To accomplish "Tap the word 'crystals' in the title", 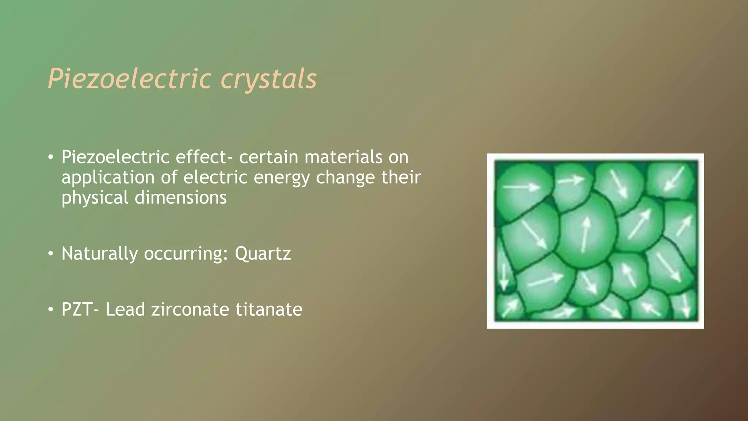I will (x=268, y=79).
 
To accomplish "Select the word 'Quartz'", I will (x=263, y=254).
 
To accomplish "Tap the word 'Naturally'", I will (x=99, y=254).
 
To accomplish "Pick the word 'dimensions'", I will (x=180, y=198).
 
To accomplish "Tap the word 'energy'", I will (x=281, y=178).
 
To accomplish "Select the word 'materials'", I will (x=343, y=157).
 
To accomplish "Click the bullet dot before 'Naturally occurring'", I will (x=51, y=254).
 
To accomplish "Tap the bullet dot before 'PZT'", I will (x=51, y=310).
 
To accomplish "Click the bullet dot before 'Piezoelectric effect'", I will (x=51, y=158).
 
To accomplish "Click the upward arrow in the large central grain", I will (x=585, y=234).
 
